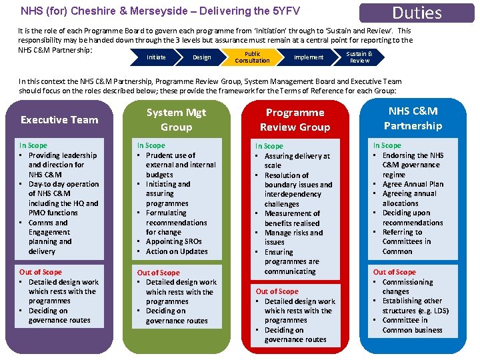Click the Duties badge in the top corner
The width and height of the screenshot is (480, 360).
tap(417, 13)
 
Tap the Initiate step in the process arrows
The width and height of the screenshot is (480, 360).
tap(156, 57)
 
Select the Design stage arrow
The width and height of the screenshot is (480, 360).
tap(201, 57)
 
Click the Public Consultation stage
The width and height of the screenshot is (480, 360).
tap(252, 57)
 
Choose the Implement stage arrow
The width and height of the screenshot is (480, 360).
tap(309, 57)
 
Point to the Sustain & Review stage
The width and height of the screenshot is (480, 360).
tap(359, 57)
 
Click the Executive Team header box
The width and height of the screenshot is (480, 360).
tap(59, 120)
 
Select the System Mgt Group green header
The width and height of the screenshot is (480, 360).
tap(176, 120)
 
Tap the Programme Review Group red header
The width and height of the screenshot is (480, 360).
tap(295, 120)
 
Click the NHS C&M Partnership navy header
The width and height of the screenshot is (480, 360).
tap(413, 119)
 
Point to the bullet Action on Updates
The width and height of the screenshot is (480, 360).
tap(177, 251)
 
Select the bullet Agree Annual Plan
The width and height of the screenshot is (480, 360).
tap(413, 184)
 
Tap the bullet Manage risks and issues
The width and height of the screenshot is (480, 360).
tap(293, 237)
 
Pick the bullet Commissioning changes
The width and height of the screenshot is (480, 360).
tap(407, 287)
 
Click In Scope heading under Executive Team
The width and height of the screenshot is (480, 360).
tap(33, 145)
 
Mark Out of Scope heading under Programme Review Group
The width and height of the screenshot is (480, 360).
tap(277, 291)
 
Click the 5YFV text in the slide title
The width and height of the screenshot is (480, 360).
tap(285, 11)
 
